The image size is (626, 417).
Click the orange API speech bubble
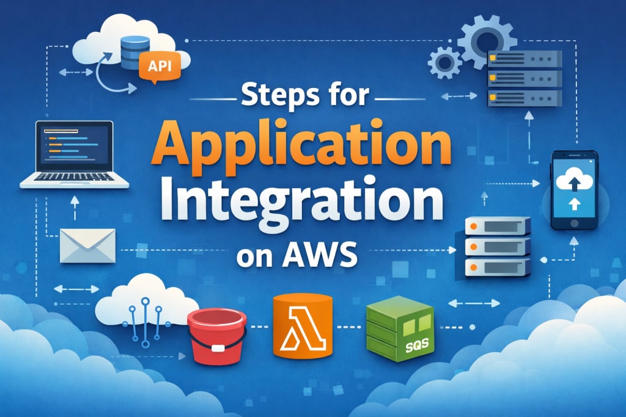coord(160,65)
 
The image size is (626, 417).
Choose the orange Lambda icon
coord(303,327)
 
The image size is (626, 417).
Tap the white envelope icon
coord(87,245)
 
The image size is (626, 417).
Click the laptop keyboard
coord(75,179)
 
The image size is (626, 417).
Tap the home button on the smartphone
coord(574,223)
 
